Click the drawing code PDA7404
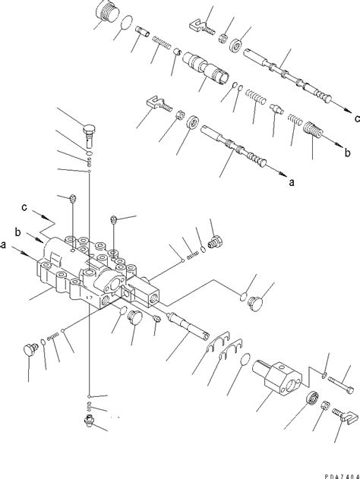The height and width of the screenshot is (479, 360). click(343, 476)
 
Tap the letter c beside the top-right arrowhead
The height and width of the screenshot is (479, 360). click(357, 118)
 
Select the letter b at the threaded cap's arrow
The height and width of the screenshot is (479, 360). click(348, 152)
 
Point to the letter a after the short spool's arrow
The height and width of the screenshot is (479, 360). click(292, 183)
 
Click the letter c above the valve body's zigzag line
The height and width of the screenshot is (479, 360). click(24, 207)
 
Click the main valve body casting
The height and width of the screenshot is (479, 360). click(98, 272)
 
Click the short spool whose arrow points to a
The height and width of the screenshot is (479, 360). click(233, 146)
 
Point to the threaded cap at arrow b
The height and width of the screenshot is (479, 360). click(313, 131)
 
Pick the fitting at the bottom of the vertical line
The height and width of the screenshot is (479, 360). click(89, 420)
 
